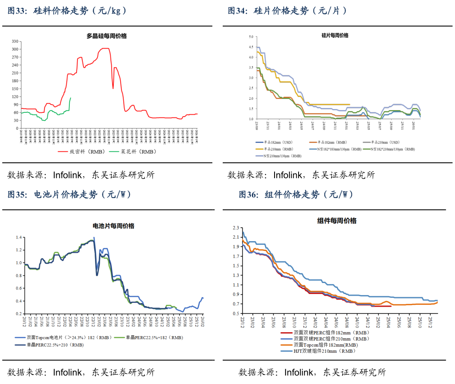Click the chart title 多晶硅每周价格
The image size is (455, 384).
click(106, 36)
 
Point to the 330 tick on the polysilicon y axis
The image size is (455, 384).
click(14, 41)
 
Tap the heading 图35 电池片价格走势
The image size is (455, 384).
click(69, 195)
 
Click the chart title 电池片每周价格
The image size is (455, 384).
click(113, 226)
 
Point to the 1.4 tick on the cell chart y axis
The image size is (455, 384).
click(19, 237)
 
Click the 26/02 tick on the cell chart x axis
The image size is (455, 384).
click(202, 322)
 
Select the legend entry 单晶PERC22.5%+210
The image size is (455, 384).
click(55, 345)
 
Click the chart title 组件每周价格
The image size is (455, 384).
click(336, 221)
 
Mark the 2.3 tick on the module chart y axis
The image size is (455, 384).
click(236, 228)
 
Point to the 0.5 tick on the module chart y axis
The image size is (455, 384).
click(236, 313)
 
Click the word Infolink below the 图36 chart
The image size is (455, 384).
click(298, 372)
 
